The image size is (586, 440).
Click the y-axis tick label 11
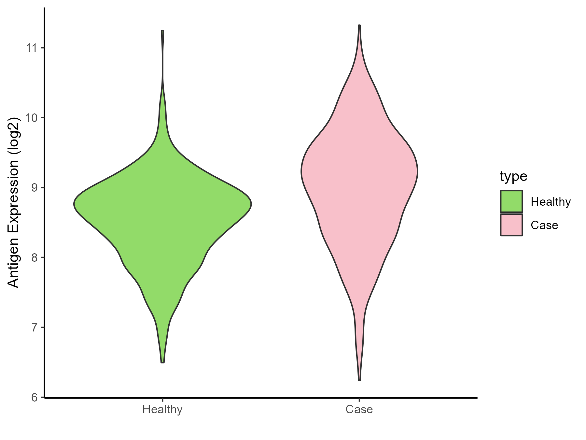tap(31, 48)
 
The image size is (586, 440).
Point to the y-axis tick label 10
tap(31, 118)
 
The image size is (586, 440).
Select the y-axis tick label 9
tap(35, 188)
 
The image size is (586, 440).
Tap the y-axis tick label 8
tap(35, 258)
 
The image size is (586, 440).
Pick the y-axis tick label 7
tap(35, 328)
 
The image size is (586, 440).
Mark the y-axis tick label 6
tap(35, 398)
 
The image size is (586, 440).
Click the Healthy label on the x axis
tap(162, 409)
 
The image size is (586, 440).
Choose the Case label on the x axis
tap(359, 409)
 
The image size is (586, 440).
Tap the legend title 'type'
tap(513, 176)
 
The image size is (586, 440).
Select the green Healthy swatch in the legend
tap(511, 201)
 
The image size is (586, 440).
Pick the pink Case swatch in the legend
tap(511, 225)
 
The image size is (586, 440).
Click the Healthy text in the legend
tap(551, 202)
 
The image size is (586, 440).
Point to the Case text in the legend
tap(544, 226)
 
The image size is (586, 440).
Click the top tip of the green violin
tap(162, 31)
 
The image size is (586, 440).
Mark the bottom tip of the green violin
tap(162, 362)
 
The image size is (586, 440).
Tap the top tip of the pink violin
tap(359, 25)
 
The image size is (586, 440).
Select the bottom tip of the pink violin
tap(359, 380)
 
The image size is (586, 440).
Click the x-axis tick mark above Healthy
tap(162, 400)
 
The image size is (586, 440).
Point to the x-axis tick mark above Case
tap(359, 400)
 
